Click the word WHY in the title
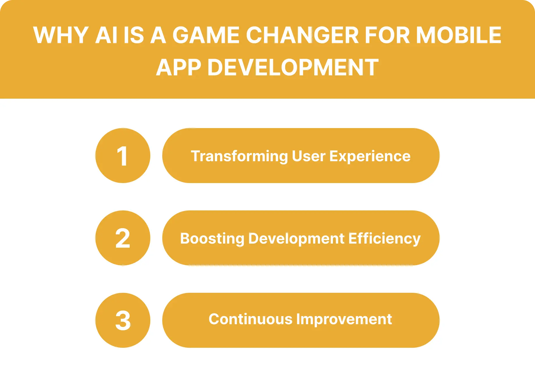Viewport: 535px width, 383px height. (61, 35)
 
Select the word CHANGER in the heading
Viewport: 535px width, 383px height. (302, 35)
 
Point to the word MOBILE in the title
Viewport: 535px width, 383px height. (459, 35)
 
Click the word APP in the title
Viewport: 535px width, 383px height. (179, 68)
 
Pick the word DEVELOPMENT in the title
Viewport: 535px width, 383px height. (293, 68)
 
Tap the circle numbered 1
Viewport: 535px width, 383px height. (123, 156)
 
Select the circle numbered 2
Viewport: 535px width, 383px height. (123, 238)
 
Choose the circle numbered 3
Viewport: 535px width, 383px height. (123, 320)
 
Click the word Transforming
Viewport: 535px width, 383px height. (239, 156)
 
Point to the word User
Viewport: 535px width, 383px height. (308, 156)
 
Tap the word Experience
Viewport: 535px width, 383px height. (370, 156)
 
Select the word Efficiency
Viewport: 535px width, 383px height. (384, 239)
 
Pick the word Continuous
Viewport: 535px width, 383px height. (250, 319)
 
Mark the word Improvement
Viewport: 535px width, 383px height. (344, 319)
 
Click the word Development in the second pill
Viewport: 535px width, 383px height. (296, 239)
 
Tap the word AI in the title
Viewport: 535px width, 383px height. (106, 35)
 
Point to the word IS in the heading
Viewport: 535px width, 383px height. (134, 35)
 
